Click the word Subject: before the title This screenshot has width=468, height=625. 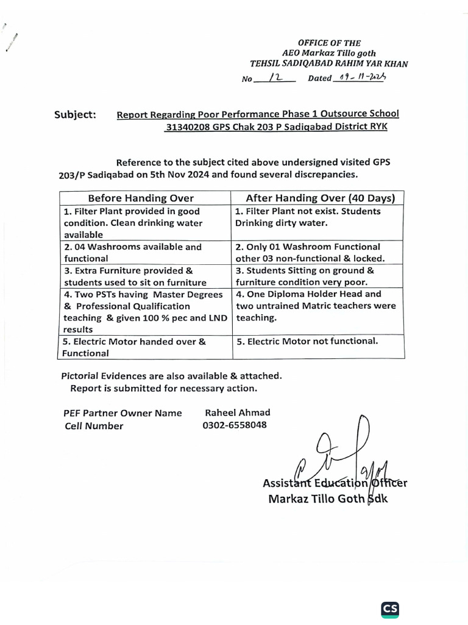75,114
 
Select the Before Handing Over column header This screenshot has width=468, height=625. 141,198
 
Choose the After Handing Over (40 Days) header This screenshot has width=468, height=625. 320,198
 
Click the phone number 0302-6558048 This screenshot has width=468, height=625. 234,425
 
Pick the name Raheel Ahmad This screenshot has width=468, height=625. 237,413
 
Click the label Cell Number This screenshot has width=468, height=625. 94,426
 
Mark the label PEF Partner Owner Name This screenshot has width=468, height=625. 122,413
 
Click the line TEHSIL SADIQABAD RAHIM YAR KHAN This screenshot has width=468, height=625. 329,63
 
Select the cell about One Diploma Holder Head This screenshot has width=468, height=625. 315,305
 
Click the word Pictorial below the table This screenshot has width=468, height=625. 82,376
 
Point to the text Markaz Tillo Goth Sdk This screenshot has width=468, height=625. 328,498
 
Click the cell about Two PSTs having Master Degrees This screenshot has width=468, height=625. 143,311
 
